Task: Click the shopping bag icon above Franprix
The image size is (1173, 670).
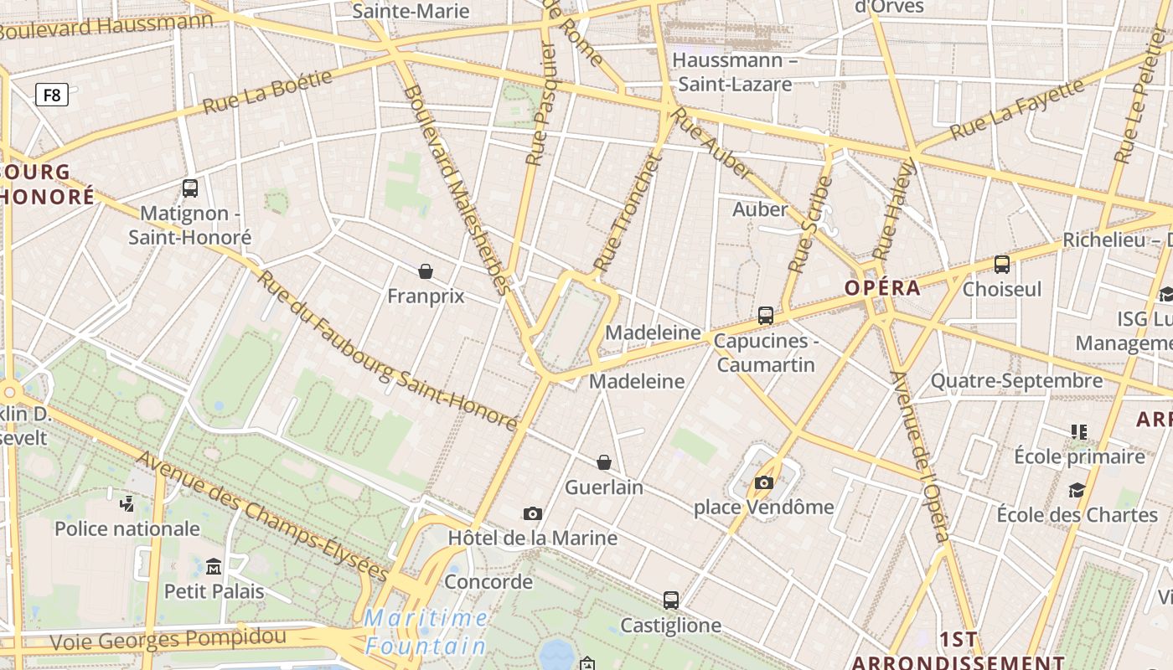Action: coord(426,271)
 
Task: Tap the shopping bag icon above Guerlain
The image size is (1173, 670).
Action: coord(603,462)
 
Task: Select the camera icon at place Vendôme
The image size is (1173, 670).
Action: coord(763,482)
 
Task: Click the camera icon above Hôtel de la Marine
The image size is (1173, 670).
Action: coord(532,513)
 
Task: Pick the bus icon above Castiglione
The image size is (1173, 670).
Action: coord(670,600)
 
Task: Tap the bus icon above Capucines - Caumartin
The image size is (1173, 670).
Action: coord(765,316)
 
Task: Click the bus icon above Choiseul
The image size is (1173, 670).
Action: coord(1001,265)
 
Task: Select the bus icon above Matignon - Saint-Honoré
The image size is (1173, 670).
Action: coord(190,188)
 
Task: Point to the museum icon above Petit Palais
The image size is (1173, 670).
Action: coord(214,567)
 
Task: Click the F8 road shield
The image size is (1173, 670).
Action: coord(52,95)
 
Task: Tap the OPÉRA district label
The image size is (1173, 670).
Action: coord(882,288)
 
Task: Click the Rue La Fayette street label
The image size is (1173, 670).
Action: coord(1016,109)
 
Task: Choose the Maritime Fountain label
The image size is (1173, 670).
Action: coord(426,632)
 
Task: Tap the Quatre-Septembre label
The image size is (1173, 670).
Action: coord(1016,381)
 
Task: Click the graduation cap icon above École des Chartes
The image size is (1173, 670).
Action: coord(1077,490)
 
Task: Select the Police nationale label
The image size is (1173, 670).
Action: coord(127,528)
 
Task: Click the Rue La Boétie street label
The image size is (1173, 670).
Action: coord(267,92)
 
